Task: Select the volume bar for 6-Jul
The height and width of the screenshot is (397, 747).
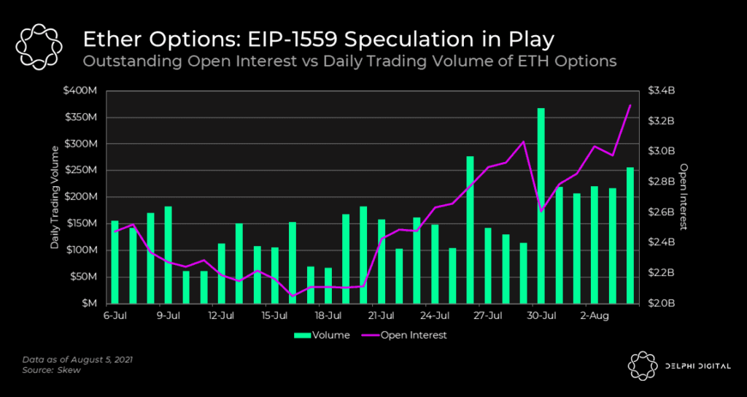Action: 115,261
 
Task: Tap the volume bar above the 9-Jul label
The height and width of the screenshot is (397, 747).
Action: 168,255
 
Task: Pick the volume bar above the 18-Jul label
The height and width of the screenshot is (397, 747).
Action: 328,285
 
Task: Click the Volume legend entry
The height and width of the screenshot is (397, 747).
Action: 322,335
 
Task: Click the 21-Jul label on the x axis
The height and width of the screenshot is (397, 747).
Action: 381,316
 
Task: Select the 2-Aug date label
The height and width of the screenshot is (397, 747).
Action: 595,316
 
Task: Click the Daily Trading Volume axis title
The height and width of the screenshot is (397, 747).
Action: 55,197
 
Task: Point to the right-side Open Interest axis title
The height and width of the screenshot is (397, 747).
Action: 684,196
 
